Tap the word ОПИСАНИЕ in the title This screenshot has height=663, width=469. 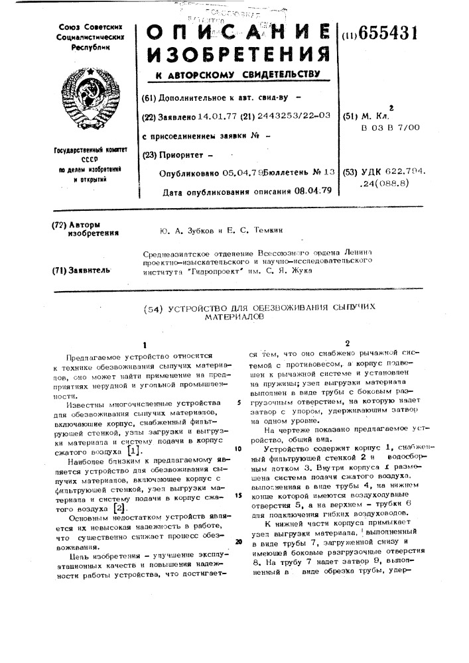tap(236, 33)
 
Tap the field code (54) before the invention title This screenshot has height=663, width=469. tap(155, 308)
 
